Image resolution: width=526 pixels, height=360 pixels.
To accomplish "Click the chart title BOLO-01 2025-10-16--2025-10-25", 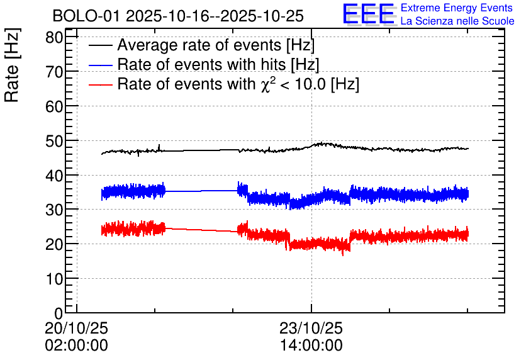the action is pos(178,16).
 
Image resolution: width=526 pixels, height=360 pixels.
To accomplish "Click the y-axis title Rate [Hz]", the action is pos(12,65).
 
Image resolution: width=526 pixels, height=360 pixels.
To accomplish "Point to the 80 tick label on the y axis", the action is pos(54,37).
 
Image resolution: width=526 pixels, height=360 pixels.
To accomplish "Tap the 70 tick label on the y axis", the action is pos(54,72).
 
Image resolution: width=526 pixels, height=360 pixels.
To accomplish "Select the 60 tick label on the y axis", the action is pos(54,106).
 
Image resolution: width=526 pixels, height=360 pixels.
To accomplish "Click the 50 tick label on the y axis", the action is pos(54,141).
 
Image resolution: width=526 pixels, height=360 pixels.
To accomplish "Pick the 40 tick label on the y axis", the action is pos(54,176).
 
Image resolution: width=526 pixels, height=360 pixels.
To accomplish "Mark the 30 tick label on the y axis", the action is pos(54,210).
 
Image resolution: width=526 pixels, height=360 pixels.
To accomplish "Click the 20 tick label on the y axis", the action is pos(54,245).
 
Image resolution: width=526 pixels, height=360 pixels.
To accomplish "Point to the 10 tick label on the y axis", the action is pos(54,279).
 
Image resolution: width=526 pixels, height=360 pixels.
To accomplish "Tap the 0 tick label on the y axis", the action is pos(59,313).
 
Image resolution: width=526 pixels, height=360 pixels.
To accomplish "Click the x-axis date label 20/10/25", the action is pos(77,328).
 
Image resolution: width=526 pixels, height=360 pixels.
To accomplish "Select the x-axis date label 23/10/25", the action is pos(311,328).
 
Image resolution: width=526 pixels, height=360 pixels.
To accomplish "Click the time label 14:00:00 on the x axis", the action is pos(311,346).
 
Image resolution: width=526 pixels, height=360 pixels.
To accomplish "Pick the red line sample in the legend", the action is pos(100,84).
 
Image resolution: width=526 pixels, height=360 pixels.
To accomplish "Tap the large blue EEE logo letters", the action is pos(369,14).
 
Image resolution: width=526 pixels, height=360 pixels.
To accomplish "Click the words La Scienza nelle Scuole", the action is pos(457,21).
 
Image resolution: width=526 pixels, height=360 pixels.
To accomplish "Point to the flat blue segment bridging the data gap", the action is pos(201,191).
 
